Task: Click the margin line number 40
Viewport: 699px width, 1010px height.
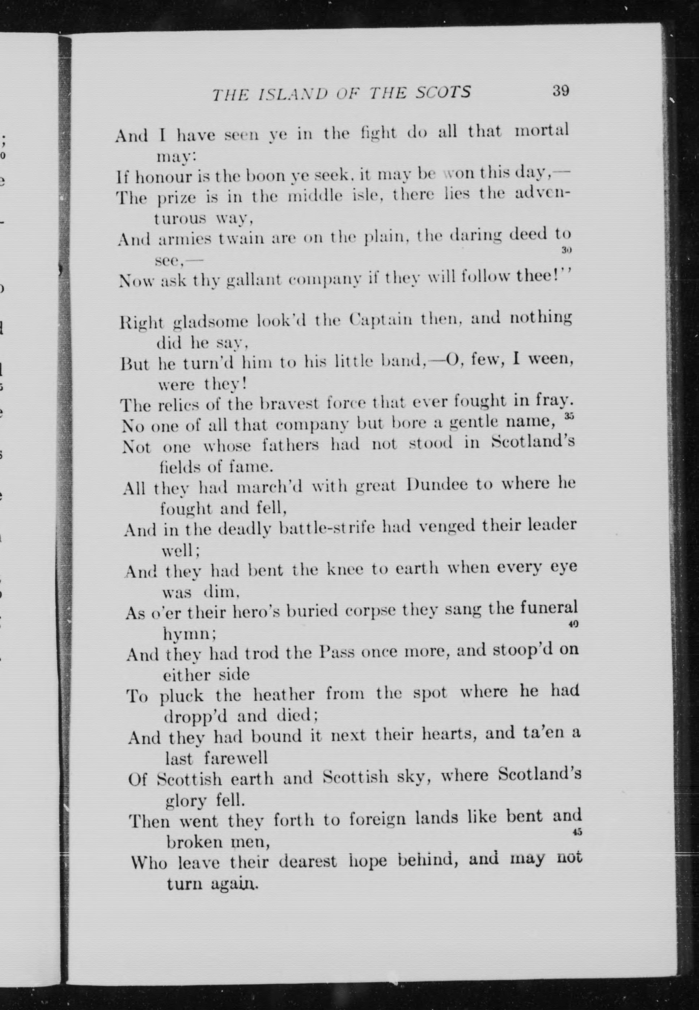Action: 574,624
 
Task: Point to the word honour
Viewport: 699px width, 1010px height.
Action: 162,176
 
